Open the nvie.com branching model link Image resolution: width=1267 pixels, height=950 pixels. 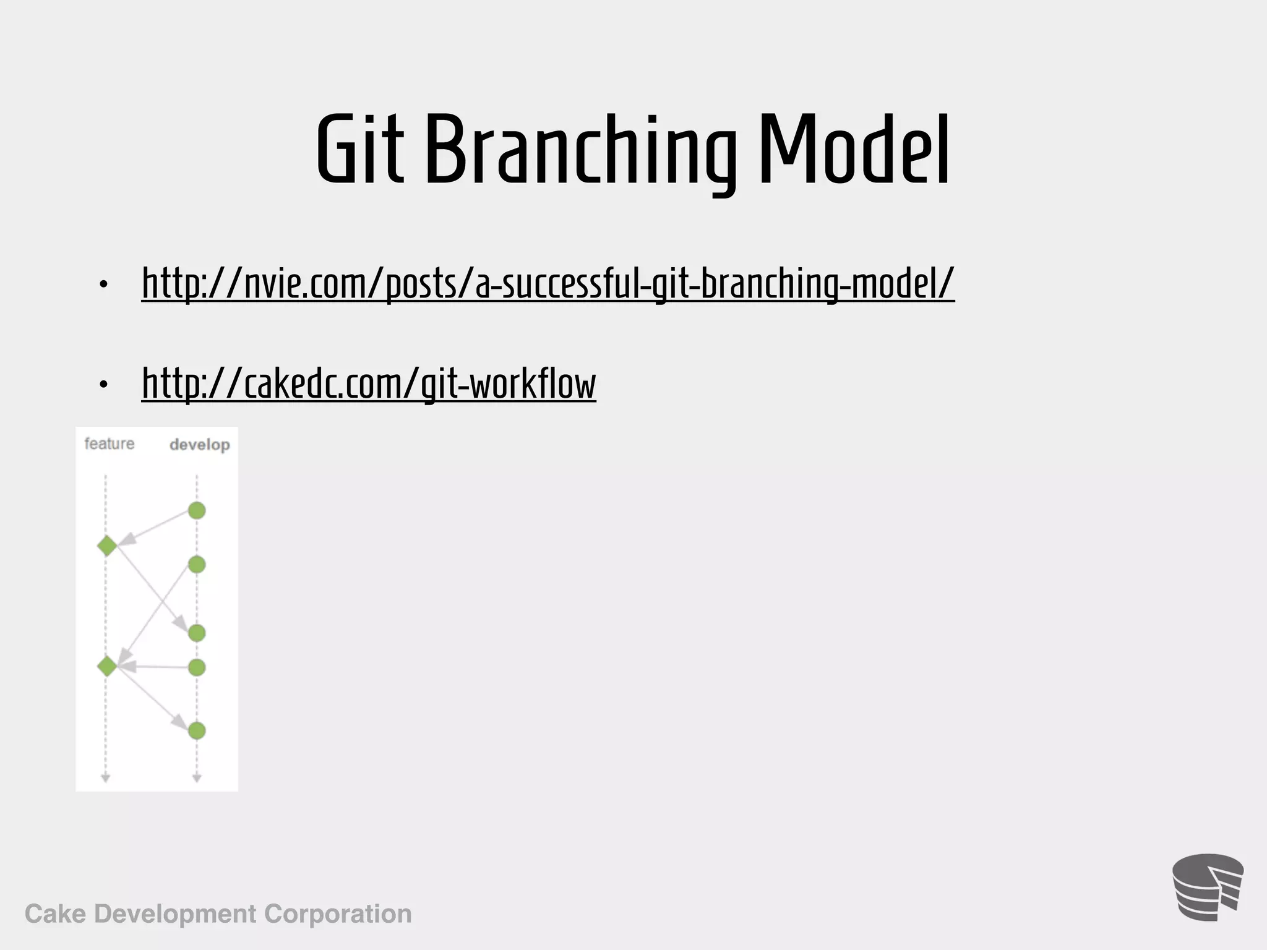tap(548, 283)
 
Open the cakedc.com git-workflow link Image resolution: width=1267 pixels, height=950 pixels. tap(369, 383)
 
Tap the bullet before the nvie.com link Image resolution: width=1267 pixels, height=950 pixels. tap(103, 285)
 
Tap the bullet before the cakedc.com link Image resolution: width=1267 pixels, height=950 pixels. tap(103, 385)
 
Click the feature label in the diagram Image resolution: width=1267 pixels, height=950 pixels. tap(110, 443)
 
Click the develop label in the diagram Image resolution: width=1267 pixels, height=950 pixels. tap(199, 445)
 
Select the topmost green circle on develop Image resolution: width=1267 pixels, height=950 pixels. tap(197, 511)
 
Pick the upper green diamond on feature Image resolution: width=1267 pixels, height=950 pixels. tap(107, 546)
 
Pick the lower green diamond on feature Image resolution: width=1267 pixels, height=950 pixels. tap(107, 667)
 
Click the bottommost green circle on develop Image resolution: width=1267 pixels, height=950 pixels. tap(197, 731)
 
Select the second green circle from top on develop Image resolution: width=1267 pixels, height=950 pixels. tap(197, 565)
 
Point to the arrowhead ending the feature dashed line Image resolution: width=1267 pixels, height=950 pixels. tap(105, 778)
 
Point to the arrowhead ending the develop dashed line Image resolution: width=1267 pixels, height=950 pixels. tap(197, 778)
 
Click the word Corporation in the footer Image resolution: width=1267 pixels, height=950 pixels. tap(338, 914)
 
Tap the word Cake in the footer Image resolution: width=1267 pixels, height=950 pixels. tap(55, 914)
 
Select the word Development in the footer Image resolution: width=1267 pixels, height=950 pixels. tap(175, 914)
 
